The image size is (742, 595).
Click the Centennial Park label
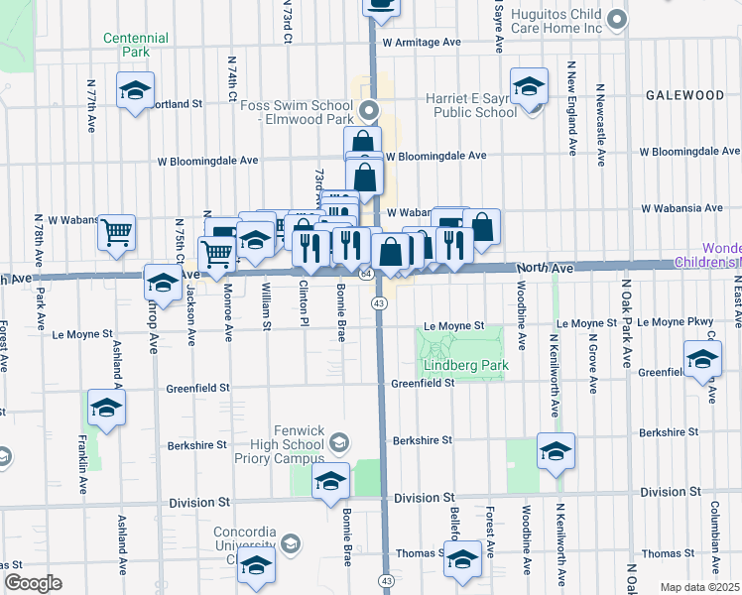[x=136, y=45]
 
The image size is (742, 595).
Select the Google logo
[x=33, y=583]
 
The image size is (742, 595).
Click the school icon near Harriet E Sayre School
[x=529, y=86]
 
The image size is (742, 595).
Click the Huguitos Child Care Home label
[x=558, y=21]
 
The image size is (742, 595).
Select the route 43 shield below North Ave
[x=379, y=301]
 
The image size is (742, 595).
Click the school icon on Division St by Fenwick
[x=330, y=482]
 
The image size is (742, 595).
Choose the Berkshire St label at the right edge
[x=669, y=432]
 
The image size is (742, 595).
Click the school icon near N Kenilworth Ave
[x=556, y=451]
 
